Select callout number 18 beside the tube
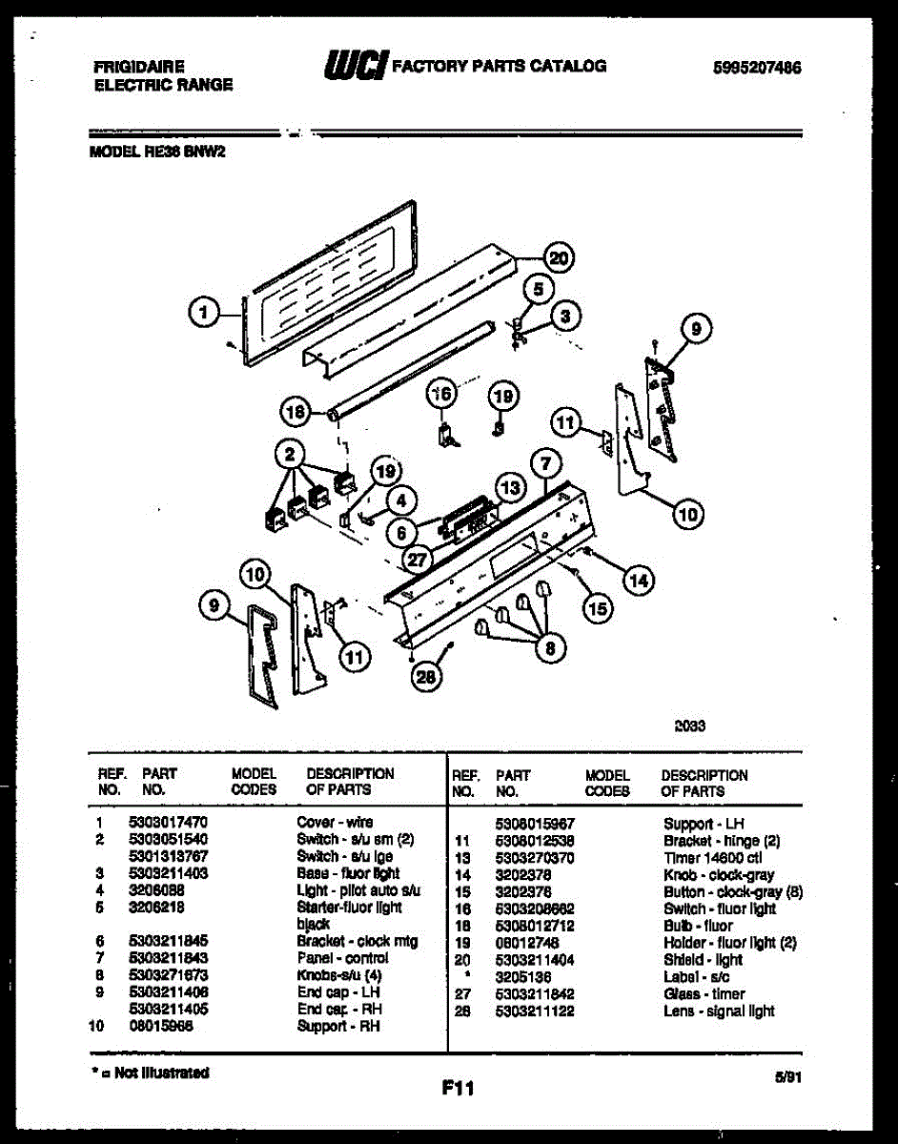coord(296,412)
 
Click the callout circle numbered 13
coord(510,488)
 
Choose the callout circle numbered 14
coord(639,578)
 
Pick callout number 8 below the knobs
coord(548,648)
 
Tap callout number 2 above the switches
coord(289,455)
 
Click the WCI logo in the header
coord(356,66)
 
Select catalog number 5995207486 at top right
coord(757,68)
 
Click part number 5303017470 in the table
coord(169,822)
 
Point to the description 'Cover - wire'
coord(336,822)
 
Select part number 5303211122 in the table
coord(535,1011)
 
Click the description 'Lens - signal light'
coord(719,1011)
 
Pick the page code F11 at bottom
coord(459,1088)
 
